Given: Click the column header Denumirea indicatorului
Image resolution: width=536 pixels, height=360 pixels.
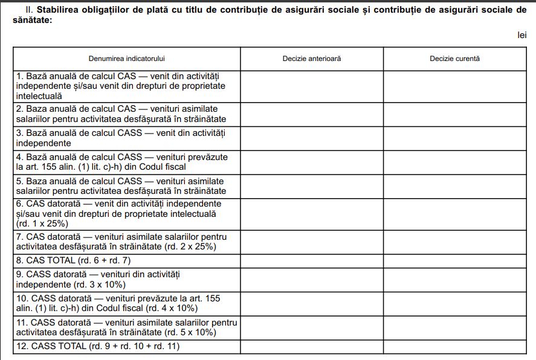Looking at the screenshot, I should [x=127, y=59].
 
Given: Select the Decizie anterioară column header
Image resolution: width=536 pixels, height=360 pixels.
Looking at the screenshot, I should [x=311, y=59].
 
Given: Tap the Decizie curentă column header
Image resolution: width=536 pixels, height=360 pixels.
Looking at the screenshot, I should [x=454, y=59].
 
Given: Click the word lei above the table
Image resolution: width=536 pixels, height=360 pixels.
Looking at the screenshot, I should [x=521, y=36].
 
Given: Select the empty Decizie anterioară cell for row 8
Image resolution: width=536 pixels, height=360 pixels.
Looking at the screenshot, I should [x=311, y=260].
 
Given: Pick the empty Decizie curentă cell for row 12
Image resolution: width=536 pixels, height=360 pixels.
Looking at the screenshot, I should [x=454, y=347].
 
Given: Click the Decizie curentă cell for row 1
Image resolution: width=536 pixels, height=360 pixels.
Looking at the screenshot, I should [x=454, y=86].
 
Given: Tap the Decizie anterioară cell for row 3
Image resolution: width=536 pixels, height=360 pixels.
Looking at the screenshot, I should [x=311, y=138].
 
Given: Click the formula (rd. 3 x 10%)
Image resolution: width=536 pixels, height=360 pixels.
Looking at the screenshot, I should [x=99, y=284].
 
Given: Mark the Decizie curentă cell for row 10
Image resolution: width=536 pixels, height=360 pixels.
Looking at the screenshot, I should [x=454, y=303].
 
